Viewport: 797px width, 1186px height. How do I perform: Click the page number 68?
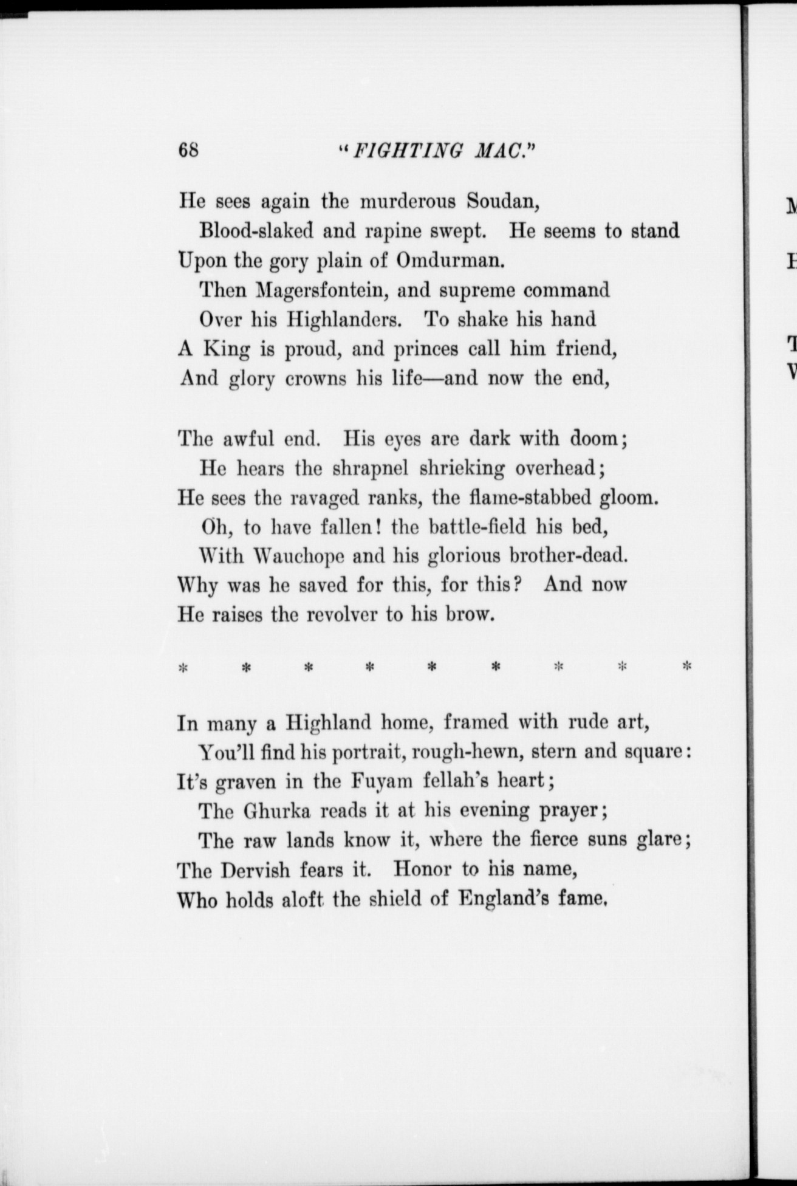pos(188,149)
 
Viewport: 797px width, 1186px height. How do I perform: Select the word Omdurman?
pos(451,261)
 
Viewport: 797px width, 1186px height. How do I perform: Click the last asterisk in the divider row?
pos(687,666)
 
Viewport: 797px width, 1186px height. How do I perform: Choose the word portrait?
pos(369,753)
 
